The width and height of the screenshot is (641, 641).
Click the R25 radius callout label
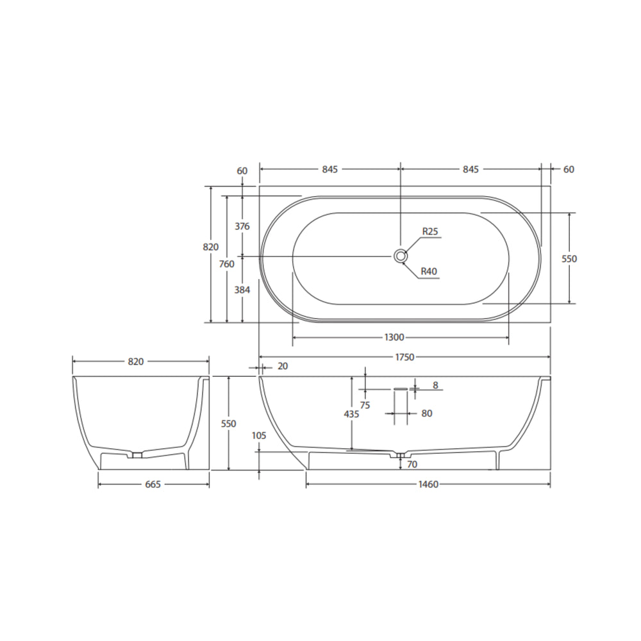(429, 232)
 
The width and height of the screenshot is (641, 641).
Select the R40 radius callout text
(429, 272)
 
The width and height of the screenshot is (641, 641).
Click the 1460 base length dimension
(428, 484)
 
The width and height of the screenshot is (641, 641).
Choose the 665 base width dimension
(153, 484)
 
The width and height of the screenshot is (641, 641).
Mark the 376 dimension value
(242, 226)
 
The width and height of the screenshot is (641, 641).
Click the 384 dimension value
(242, 290)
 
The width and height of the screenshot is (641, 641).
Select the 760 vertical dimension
(226, 263)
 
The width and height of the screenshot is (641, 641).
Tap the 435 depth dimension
(351, 414)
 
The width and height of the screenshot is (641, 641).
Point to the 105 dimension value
(259, 435)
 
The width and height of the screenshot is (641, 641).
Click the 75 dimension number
(365, 405)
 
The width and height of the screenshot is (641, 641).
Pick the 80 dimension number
(427, 413)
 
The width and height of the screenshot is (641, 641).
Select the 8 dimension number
(435, 385)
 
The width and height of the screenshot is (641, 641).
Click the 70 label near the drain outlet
(412, 463)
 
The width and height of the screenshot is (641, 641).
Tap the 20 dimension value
(283, 367)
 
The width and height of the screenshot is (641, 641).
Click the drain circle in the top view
(401, 256)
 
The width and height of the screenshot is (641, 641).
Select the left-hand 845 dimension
(329, 169)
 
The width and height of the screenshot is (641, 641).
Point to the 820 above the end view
(135, 362)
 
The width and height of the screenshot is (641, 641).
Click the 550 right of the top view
(569, 258)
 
